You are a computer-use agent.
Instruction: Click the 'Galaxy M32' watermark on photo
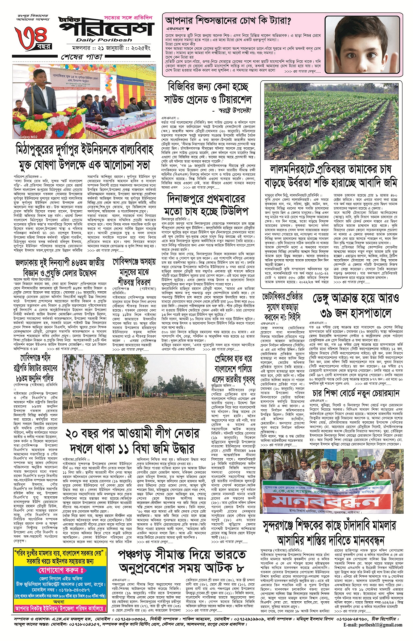click(29, 137)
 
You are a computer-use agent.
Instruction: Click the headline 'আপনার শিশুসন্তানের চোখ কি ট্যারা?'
click(228, 21)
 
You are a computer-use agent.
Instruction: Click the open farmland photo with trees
click(135, 383)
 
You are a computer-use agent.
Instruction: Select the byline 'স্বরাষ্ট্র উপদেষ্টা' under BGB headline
click(235, 110)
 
